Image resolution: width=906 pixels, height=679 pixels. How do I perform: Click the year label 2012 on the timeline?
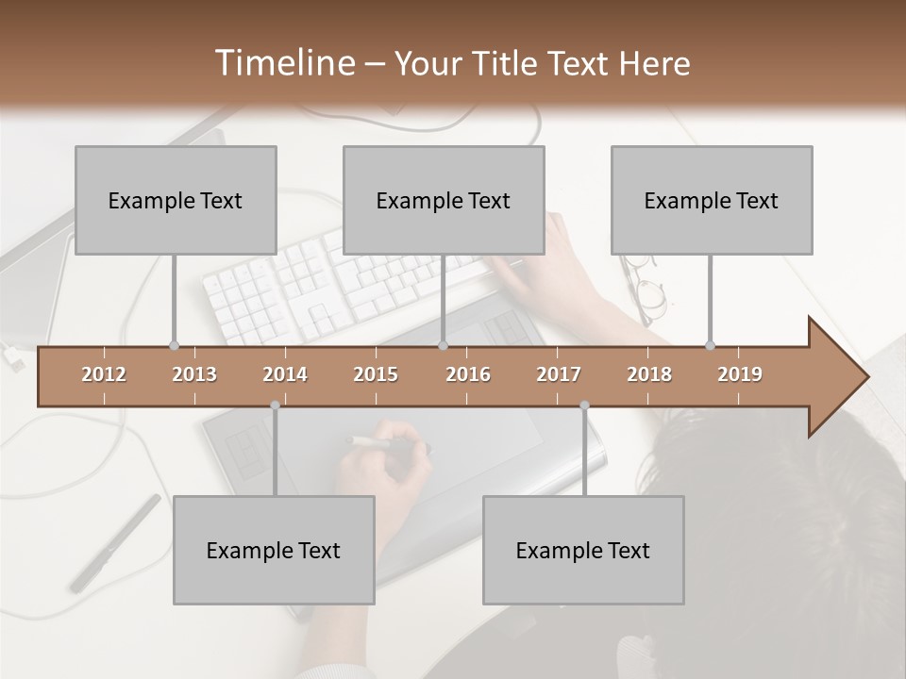104,374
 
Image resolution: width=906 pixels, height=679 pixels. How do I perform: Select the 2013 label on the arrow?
194,374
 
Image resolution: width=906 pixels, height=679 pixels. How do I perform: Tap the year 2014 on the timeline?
285,374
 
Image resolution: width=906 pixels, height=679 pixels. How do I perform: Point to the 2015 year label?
376,374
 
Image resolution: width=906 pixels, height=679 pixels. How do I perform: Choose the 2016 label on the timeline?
468,374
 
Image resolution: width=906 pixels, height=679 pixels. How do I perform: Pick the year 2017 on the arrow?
559,374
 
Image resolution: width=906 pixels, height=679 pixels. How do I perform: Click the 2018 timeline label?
649,374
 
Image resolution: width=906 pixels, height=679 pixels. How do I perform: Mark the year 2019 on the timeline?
740,374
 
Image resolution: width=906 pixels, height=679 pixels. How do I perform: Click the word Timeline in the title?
283,63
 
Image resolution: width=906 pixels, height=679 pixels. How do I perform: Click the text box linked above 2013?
176,200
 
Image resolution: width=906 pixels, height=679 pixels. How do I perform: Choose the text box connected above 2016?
444,200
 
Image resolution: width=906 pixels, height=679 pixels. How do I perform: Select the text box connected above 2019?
712,200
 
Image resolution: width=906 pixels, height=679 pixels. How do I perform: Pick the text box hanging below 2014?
274,550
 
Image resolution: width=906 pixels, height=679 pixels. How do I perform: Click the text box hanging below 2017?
583,550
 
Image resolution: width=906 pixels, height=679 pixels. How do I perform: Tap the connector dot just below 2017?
584,406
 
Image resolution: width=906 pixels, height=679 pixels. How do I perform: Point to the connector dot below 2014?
275,406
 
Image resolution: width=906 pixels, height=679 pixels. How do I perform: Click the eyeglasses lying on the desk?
646,288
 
